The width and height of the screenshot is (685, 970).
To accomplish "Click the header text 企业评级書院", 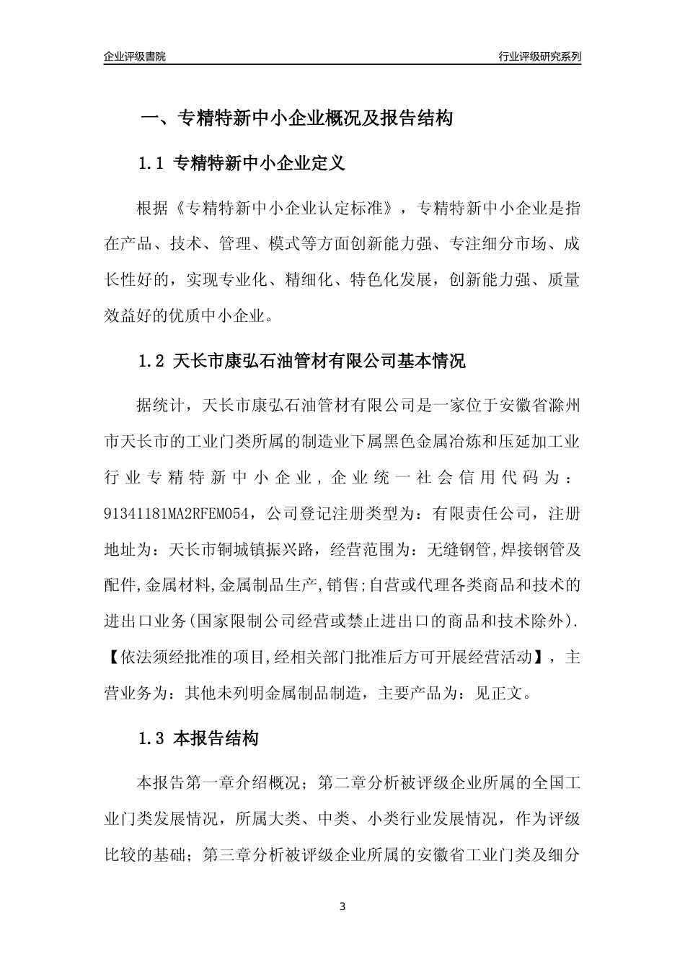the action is pos(135,56).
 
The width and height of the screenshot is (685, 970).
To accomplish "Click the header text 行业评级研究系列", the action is pos(539,56).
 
